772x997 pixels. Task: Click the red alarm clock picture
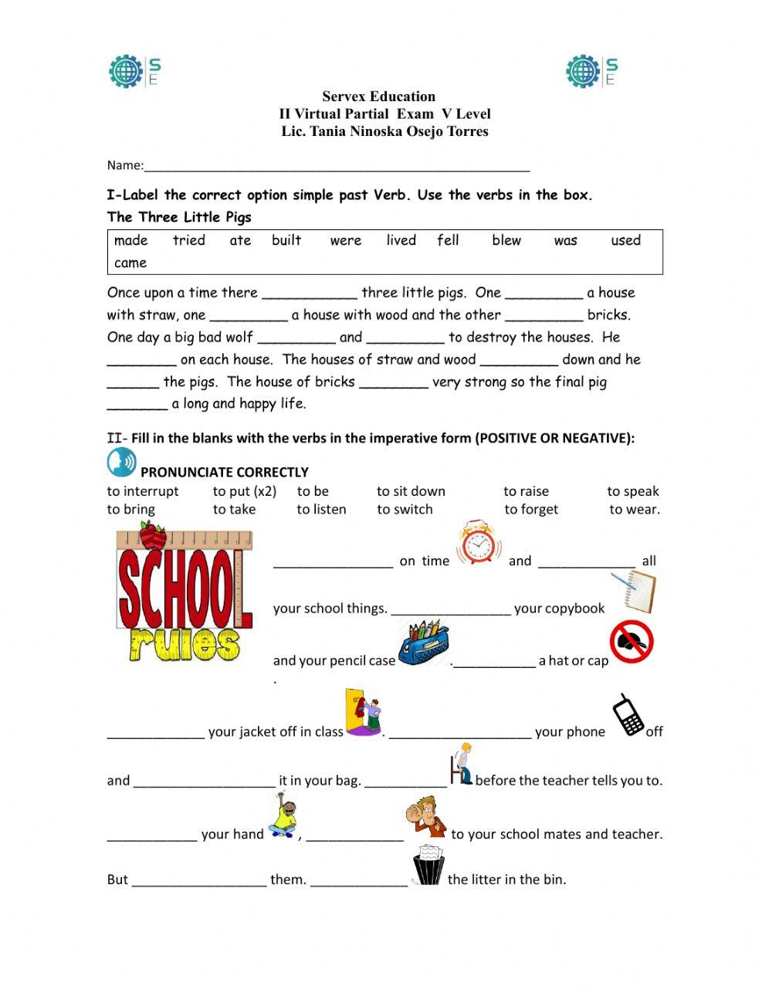point(479,544)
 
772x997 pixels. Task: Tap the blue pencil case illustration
point(423,643)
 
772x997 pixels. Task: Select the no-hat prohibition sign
point(631,643)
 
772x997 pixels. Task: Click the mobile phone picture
point(628,715)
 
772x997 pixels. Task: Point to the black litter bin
point(427,865)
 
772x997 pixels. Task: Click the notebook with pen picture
point(635,591)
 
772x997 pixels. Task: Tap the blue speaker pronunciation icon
point(121,463)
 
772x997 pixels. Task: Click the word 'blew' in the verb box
point(506,240)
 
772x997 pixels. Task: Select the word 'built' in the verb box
point(286,240)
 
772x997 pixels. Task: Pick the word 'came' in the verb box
point(130,263)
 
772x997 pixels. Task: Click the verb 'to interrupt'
point(143,491)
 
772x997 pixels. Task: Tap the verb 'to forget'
point(531,510)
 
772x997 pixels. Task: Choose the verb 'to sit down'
point(411,491)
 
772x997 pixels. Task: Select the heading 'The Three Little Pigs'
point(179,217)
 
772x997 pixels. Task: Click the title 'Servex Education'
point(379,97)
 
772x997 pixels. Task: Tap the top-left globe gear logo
point(127,71)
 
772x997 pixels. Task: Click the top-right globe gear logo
point(584,71)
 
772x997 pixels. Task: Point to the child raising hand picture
point(283,819)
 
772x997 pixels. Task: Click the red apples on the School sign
point(152,535)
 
